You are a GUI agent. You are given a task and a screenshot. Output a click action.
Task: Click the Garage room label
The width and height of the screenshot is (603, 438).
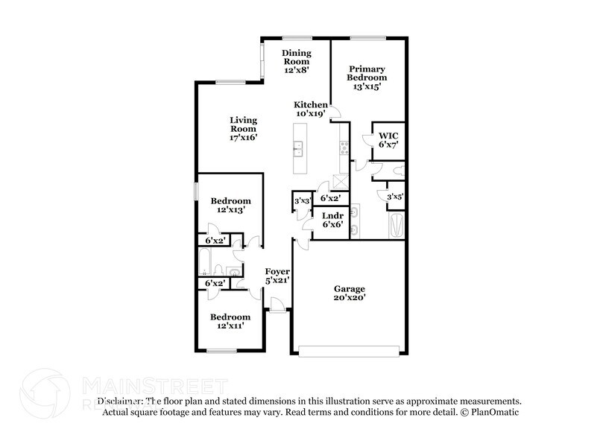[x=349, y=292]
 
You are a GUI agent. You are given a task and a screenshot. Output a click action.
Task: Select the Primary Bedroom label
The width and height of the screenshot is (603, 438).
[x=367, y=77]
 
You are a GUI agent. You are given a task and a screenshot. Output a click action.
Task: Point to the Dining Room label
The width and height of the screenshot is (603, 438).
[x=296, y=60]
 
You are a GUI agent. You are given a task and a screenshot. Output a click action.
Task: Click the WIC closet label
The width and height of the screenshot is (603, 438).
[x=388, y=139]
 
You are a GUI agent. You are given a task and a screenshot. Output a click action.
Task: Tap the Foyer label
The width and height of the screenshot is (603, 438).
[x=277, y=276]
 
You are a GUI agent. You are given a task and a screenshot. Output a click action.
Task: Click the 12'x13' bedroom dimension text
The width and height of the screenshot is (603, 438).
[x=230, y=211]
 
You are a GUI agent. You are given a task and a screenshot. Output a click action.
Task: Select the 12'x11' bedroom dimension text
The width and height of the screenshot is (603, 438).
[x=230, y=326]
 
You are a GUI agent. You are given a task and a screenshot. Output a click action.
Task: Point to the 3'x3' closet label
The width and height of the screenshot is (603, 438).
[x=302, y=200]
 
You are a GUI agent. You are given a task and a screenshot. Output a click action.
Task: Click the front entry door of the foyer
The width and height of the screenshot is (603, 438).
[x=277, y=305]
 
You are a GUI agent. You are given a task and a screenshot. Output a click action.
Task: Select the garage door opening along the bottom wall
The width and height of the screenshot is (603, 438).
[x=349, y=349]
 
